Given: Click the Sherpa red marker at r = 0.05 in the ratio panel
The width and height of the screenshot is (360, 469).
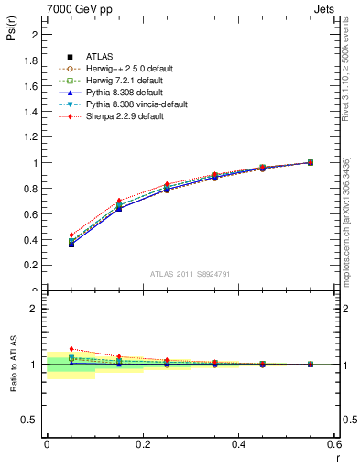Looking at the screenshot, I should tap(71, 349).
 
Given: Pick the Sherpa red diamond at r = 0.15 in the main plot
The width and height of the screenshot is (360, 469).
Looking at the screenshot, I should tap(119, 201).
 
